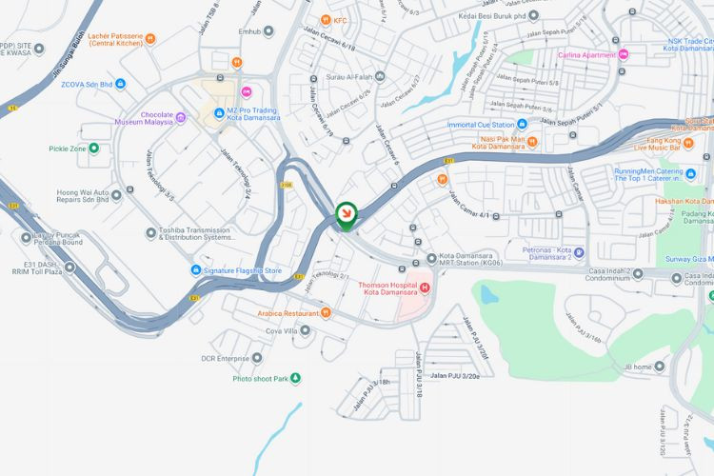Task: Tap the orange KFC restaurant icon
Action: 326,19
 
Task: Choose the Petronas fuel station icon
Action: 578,253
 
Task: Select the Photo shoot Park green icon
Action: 295,379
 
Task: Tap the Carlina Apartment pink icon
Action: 624,54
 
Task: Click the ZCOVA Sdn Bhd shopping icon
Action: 119,84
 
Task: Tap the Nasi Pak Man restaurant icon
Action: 532,142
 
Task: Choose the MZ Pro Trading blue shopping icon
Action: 219,111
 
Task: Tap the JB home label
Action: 645,367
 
